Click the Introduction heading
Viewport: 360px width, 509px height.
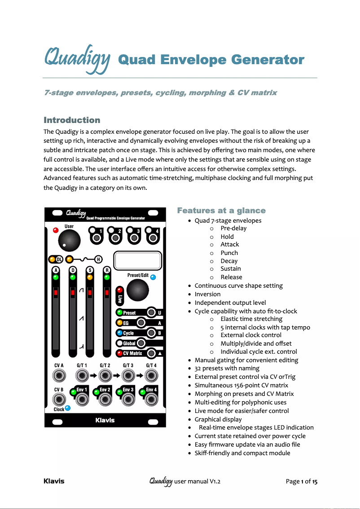click(x=72, y=120)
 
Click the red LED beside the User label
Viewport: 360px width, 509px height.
click(x=56, y=231)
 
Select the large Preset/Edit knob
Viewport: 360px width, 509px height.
click(x=137, y=291)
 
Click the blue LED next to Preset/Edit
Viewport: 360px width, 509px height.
click(x=154, y=277)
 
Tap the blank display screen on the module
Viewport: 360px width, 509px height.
click(x=138, y=261)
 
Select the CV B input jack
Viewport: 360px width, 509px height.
click(x=58, y=399)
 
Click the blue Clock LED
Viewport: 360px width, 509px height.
click(x=68, y=408)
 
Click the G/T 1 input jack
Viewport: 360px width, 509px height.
click(x=82, y=376)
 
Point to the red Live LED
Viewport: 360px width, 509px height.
click(x=119, y=290)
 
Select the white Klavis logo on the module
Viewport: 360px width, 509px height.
click(x=105, y=421)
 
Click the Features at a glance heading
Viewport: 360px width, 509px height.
click(x=221, y=211)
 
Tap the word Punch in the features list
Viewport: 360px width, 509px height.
click(x=229, y=253)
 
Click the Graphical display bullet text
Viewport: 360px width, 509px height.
click(x=218, y=419)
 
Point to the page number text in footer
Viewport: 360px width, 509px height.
click(x=302, y=482)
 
